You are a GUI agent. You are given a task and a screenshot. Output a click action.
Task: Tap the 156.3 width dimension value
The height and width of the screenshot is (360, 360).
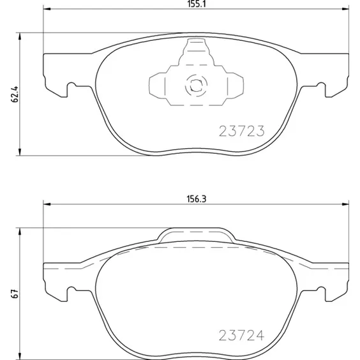click(x=195, y=199)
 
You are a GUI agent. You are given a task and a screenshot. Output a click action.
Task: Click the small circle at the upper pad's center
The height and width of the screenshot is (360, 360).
click(x=195, y=83)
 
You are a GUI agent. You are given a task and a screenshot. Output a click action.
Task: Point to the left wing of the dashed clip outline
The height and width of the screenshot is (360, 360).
click(x=157, y=84)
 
